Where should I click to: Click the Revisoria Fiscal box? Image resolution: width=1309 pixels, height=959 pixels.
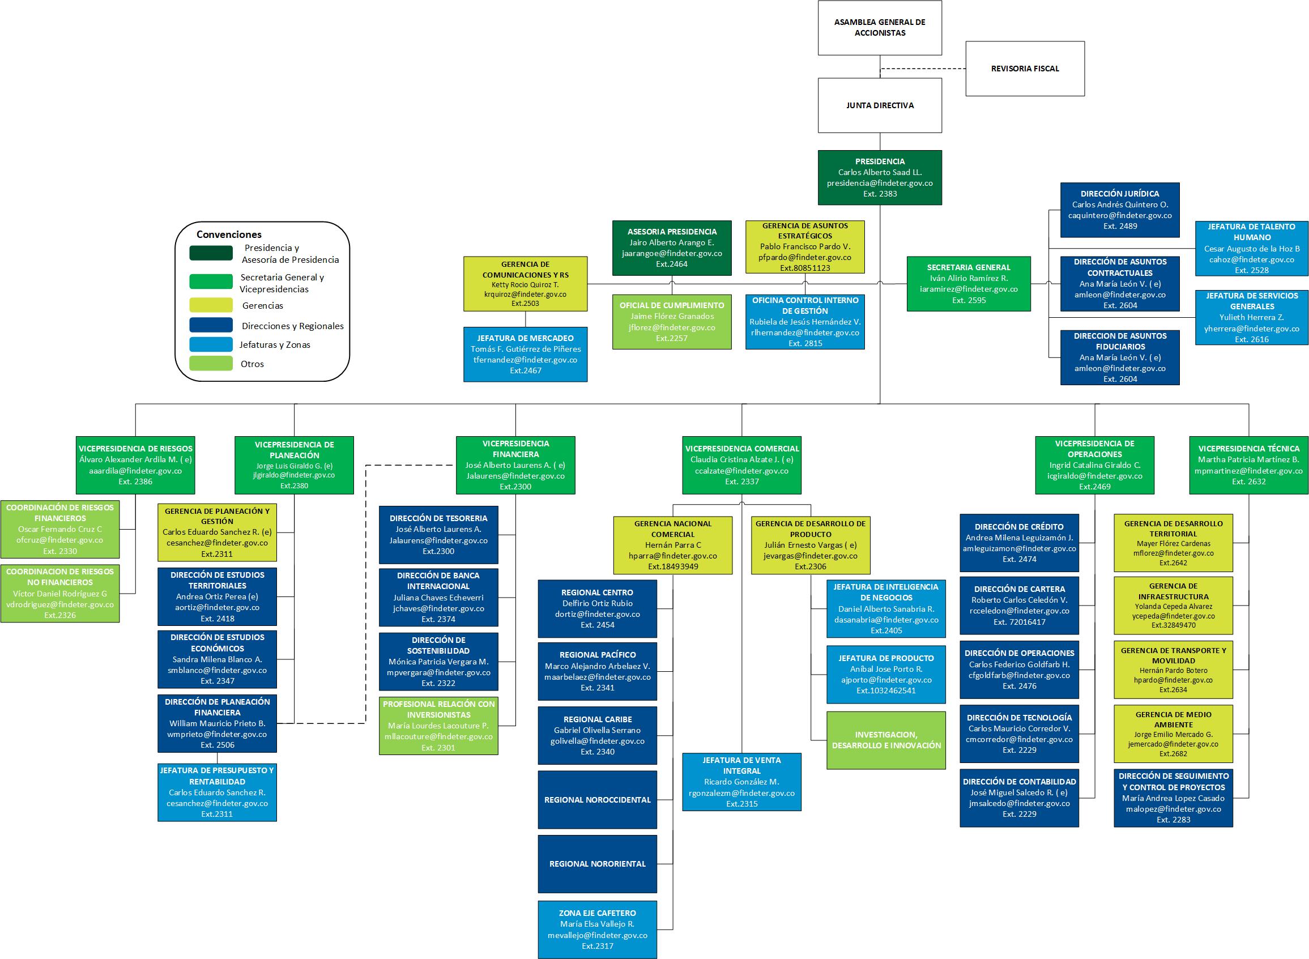pos(1025,69)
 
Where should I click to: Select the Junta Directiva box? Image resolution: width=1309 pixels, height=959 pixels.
pos(880,106)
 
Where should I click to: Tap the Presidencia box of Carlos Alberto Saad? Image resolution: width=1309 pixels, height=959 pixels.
pos(880,178)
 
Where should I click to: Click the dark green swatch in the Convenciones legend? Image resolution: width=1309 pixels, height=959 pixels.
pos(211,253)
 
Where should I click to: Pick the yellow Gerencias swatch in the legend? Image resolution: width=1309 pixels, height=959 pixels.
pos(211,305)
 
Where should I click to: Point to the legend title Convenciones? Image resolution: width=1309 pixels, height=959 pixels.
pos(229,235)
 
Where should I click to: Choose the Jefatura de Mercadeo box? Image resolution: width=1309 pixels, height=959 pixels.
pos(525,354)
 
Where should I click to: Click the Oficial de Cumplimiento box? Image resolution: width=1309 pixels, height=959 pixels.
pos(672,322)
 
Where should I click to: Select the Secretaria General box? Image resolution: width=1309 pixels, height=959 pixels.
pos(969,284)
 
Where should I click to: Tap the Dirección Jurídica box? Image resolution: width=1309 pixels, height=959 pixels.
pos(1120,210)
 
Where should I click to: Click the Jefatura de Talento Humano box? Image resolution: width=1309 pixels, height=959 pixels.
pos(1252,249)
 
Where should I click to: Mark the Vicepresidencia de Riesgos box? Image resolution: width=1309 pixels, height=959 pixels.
pos(135,465)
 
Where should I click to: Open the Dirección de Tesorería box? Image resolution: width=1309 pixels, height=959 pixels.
pos(438,535)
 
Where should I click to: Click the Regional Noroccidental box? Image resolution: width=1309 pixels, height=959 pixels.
pos(598,800)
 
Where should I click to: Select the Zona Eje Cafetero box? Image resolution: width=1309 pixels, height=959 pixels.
pos(598,930)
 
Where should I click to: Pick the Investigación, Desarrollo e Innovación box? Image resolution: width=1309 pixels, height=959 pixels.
pos(886,740)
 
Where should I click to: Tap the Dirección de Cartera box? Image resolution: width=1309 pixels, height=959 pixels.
pos(1020,606)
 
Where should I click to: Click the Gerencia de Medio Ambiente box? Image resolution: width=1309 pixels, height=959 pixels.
pos(1173,734)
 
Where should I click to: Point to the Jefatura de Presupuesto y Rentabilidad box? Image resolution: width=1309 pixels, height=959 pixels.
pos(217,792)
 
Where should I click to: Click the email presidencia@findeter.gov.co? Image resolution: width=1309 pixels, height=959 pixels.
pos(880,183)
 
